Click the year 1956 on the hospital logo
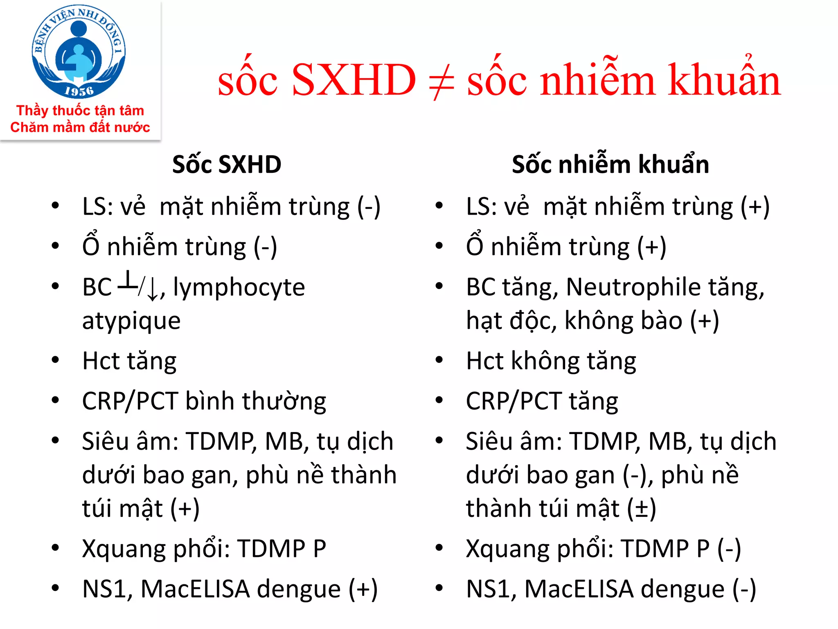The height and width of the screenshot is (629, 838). (79, 91)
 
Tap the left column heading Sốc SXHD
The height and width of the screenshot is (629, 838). (227, 165)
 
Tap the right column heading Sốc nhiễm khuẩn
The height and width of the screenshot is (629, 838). (610, 165)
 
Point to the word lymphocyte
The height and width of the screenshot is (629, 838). (239, 287)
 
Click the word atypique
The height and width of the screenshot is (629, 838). (131, 321)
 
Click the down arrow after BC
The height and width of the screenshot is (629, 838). (152, 289)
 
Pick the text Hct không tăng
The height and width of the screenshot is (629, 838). (551, 361)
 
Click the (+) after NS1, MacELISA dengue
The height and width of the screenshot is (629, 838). (363, 590)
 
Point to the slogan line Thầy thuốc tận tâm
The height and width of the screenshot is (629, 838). (80, 111)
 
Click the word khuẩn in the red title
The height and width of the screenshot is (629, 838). (724, 80)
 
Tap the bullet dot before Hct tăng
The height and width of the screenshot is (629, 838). (55, 360)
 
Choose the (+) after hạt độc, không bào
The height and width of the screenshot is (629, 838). (704, 321)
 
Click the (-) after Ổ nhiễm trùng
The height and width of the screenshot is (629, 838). (265, 247)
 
